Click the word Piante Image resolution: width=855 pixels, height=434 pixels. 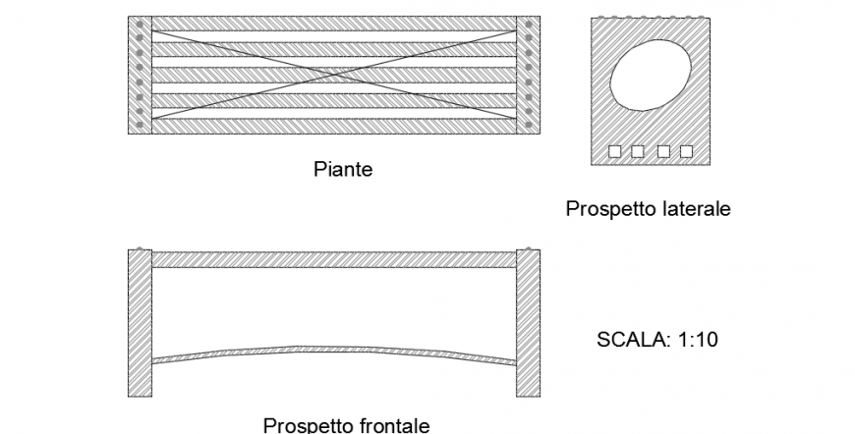pyautogui.click(x=342, y=170)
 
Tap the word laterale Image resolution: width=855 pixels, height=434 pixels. pyautogui.click(x=693, y=209)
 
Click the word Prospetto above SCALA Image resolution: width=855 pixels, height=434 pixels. pyautogui.click(x=608, y=209)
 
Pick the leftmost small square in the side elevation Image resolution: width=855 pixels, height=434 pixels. pyautogui.click(x=615, y=150)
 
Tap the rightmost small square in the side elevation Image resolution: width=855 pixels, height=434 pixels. pyautogui.click(x=686, y=150)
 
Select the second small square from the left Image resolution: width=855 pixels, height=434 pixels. pyautogui.click(x=638, y=150)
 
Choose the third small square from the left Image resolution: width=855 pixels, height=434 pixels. pyautogui.click(x=663, y=150)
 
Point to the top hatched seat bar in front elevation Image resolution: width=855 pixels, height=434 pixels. pyautogui.click(x=333, y=259)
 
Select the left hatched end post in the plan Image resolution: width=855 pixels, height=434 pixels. pyautogui.click(x=140, y=75)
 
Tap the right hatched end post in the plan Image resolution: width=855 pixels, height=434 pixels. pyautogui.click(x=528, y=75)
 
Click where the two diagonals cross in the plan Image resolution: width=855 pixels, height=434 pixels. pyautogui.click(x=333, y=75)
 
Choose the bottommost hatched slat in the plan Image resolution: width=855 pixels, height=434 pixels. pyautogui.click(x=333, y=127)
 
